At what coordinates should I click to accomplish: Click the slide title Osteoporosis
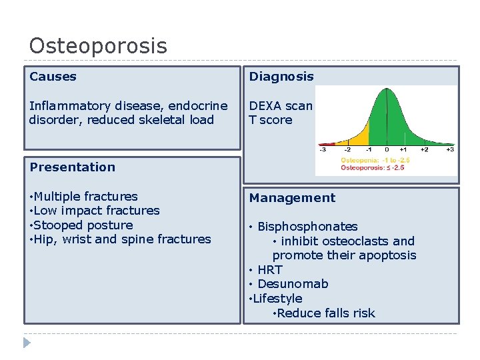pos(98,46)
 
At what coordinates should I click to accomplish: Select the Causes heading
pos(53,77)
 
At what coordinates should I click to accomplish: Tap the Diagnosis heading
pos(281,77)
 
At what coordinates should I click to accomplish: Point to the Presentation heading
pos(72,167)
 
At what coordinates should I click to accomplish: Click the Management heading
pos(292,198)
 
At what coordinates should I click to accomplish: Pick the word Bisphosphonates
pos(307,227)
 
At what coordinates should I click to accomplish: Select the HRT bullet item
pos(269,270)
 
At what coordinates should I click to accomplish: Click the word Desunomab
pos(293,284)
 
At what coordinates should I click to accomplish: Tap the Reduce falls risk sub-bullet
pos(326,313)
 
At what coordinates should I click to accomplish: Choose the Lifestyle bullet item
pos(277,299)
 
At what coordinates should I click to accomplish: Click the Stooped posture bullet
pos(83,225)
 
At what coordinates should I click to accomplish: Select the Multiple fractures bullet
pos(85,197)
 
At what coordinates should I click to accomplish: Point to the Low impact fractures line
pos(96,211)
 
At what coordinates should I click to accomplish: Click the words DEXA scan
pos(280,106)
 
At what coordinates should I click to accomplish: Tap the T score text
pos(270,120)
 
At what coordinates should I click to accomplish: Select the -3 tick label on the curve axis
pos(323,150)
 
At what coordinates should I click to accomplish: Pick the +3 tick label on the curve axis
pos(450,150)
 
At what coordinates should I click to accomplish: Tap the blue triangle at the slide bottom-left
pos(27,343)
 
